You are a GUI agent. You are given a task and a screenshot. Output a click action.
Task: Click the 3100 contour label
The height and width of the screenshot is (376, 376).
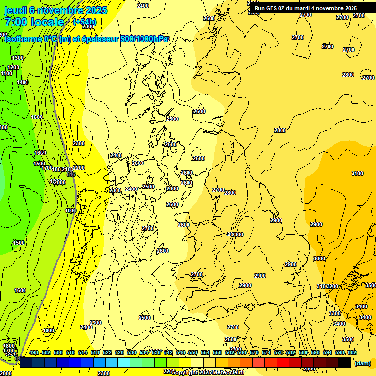(357, 173)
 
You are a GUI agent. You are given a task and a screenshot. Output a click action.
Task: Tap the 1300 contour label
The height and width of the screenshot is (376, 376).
(17, 58)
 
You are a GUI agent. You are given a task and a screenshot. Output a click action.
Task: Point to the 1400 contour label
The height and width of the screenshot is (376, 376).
(23, 82)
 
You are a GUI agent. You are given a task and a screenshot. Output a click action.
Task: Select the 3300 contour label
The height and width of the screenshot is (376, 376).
(334, 313)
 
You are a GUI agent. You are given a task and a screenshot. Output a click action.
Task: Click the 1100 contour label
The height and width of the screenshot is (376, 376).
(7, 74)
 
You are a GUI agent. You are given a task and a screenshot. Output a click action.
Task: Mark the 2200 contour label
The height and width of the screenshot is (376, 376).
(79, 168)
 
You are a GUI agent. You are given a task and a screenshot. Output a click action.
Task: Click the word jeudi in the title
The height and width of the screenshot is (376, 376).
(15, 10)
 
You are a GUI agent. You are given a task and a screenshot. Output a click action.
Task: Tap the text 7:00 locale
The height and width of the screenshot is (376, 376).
(34, 22)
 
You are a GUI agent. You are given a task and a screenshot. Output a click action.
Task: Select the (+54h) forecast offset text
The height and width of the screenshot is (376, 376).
(85, 22)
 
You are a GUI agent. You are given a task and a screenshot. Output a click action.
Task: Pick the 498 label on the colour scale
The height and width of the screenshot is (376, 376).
(34, 352)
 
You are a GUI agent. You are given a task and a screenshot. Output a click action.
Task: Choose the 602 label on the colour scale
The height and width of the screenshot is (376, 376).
(352, 352)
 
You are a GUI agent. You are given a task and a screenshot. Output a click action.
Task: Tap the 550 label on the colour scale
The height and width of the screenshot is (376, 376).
(192, 352)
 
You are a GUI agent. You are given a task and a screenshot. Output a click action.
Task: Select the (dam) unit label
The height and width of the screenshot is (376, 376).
(363, 363)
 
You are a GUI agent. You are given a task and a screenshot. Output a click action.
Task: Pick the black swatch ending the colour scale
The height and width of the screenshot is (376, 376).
(344, 362)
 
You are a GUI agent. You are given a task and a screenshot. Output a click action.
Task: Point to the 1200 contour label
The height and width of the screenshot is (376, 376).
(13, 67)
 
